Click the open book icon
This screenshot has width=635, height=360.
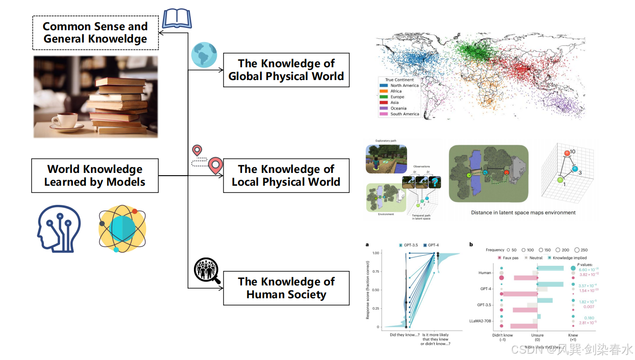177,19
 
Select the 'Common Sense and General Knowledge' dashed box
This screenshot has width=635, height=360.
95,33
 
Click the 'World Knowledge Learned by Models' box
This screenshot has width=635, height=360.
95,176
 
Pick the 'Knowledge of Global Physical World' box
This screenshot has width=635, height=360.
286,70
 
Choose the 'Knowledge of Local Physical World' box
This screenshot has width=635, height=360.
286,176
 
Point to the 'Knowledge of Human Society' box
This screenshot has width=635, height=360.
286,288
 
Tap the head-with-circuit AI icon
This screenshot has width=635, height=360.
59,228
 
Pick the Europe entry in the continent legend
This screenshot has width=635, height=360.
397,97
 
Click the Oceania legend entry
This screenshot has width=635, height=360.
398,108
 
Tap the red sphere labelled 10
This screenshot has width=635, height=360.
568,153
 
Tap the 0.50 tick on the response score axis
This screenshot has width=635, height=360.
375,290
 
